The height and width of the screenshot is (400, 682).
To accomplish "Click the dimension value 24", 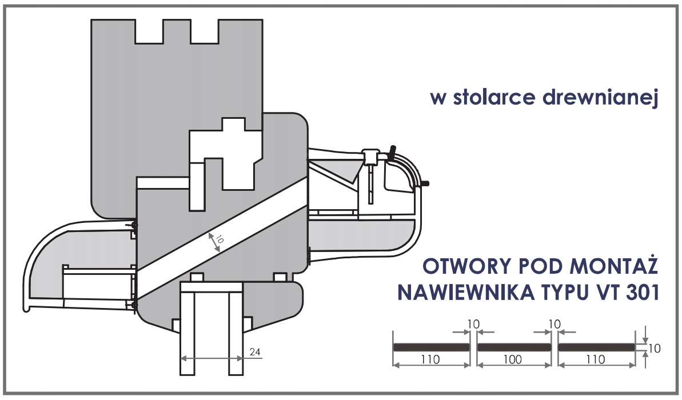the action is (x=256, y=352).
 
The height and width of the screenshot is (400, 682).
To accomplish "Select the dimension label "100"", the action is (x=513, y=359).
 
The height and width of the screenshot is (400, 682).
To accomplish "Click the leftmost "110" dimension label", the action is (x=430, y=359).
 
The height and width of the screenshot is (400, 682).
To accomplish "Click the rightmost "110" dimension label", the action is (x=596, y=359).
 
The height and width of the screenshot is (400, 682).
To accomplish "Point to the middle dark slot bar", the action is (x=513, y=347).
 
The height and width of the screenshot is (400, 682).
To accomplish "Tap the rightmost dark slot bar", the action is (x=596, y=347).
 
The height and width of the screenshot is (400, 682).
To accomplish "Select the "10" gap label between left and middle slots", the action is (x=472, y=324).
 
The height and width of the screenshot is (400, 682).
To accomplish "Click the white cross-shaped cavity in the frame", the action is (x=234, y=151).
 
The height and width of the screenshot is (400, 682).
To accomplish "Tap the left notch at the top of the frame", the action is (x=148, y=31).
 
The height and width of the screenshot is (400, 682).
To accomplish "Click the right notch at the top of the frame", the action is (x=204, y=31).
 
